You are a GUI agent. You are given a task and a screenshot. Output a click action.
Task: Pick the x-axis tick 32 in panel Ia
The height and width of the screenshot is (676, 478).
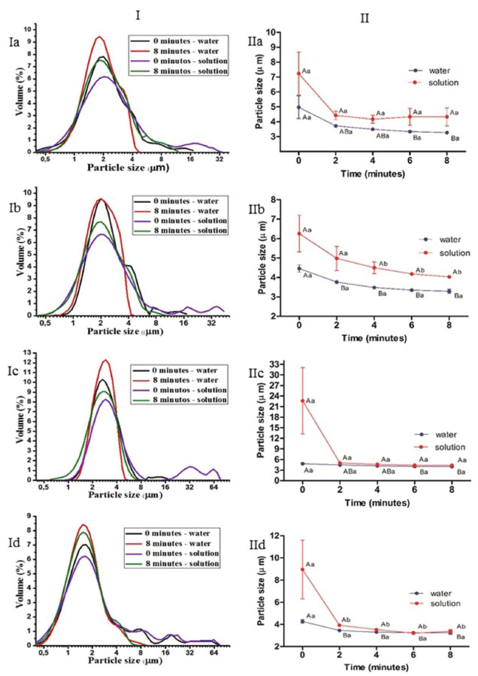pos(219,160)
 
